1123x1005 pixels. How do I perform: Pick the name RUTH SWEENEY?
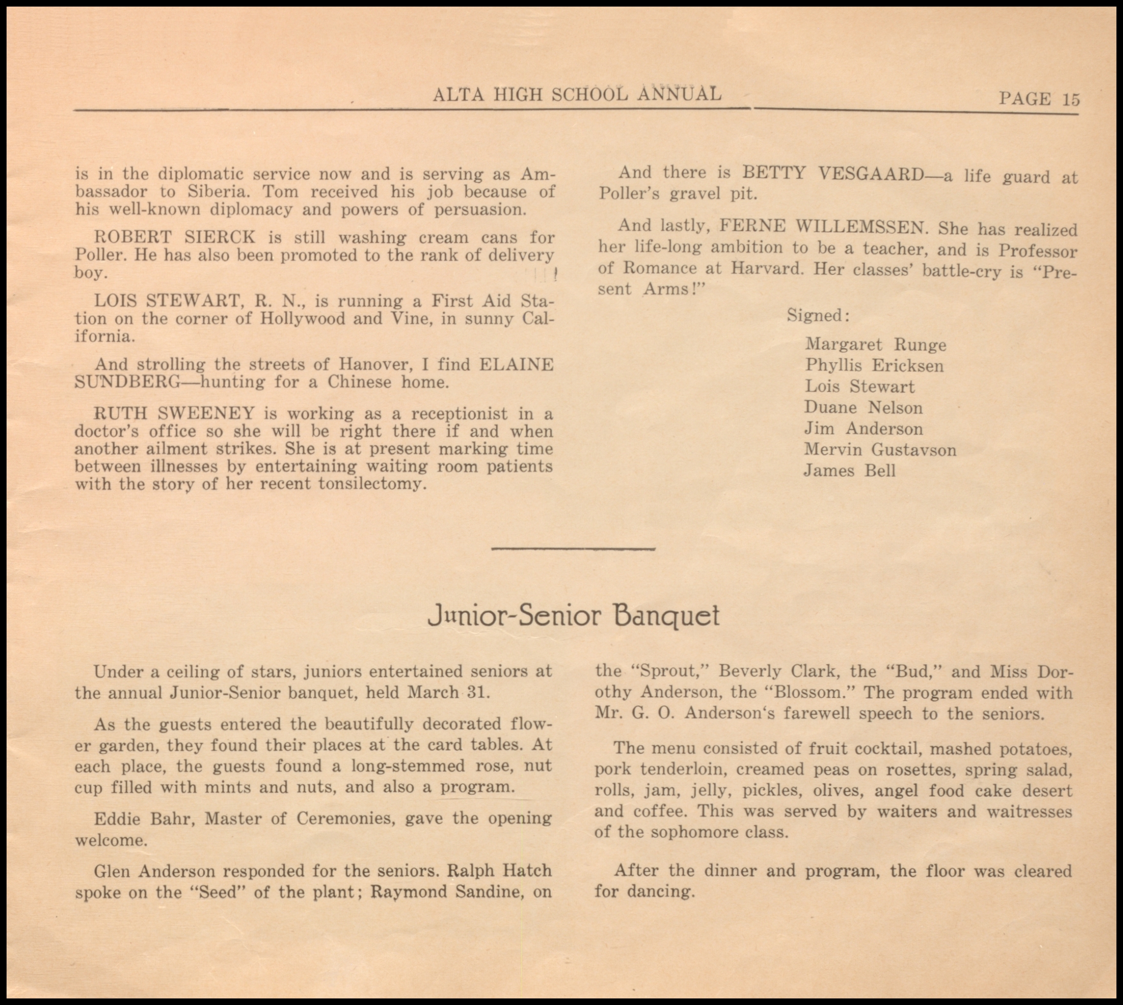click(x=174, y=413)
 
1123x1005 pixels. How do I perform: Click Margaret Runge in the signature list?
click(x=875, y=344)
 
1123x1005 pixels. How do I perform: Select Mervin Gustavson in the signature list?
click(x=880, y=450)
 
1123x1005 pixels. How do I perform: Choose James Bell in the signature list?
click(x=849, y=471)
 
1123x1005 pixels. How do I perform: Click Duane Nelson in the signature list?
click(x=863, y=408)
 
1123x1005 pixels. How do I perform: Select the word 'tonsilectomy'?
click(x=372, y=484)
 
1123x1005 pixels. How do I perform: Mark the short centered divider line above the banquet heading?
click(x=573, y=548)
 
